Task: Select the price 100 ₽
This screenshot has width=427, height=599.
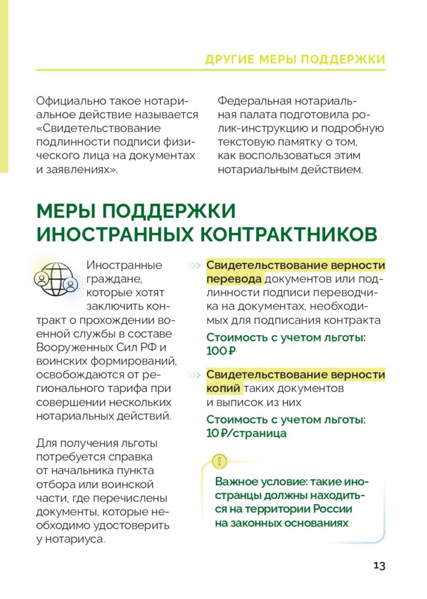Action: click(x=221, y=351)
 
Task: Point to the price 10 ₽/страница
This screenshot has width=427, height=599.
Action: click(x=246, y=433)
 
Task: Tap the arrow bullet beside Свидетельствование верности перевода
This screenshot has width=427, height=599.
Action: click(x=194, y=266)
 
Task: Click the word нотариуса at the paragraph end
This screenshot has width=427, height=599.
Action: click(x=76, y=539)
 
